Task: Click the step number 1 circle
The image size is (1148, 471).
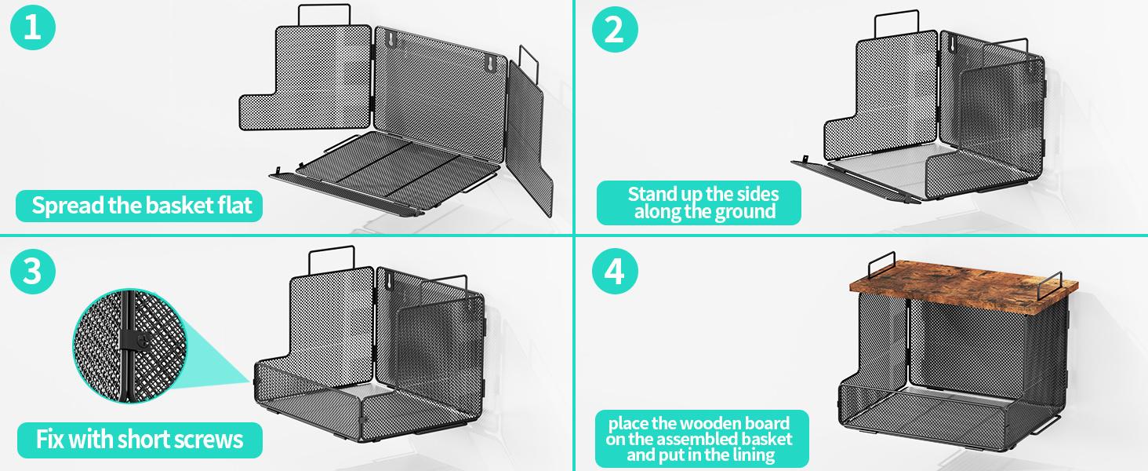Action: pyautogui.click(x=33, y=27)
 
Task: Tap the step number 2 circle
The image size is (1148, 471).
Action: pyautogui.click(x=615, y=29)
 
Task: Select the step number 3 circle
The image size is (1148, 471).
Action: pyautogui.click(x=33, y=271)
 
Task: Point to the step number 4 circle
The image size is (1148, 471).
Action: pyautogui.click(x=615, y=271)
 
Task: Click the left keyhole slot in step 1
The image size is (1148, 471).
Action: pyautogui.click(x=391, y=39)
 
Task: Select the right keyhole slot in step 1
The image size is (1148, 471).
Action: pyautogui.click(x=490, y=64)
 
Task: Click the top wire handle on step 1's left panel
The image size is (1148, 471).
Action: pyautogui.click(x=325, y=6)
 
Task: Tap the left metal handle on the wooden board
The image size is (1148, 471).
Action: pyautogui.click(x=881, y=255)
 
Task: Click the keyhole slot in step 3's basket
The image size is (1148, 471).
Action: pyautogui.click(x=391, y=280)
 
